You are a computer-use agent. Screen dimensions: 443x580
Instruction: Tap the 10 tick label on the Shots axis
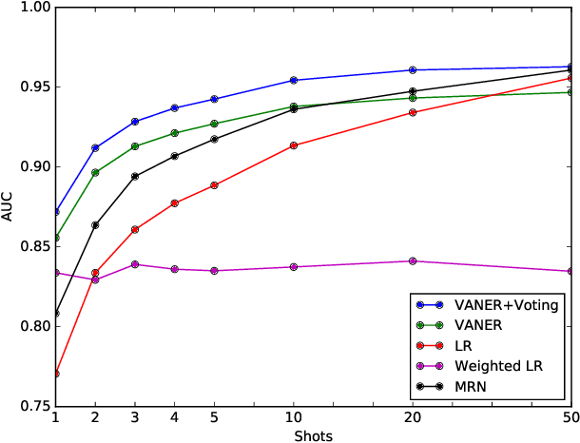(x=294, y=416)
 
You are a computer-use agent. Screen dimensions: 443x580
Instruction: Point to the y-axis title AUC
(x=9, y=207)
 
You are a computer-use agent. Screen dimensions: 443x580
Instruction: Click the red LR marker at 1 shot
(x=56, y=374)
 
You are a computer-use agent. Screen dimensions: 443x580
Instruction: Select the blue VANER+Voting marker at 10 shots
(x=294, y=80)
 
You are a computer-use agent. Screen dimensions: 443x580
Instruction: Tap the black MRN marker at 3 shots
(x=135, y=176)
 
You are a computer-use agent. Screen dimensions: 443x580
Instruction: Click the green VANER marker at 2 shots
(x=95, y=172)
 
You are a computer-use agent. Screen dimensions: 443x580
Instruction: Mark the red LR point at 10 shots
(x=294, y=145)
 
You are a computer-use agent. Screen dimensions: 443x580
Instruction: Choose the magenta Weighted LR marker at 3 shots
(x=135, y=264)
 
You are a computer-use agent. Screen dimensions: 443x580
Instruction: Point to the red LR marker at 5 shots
(x=214, y=184)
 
